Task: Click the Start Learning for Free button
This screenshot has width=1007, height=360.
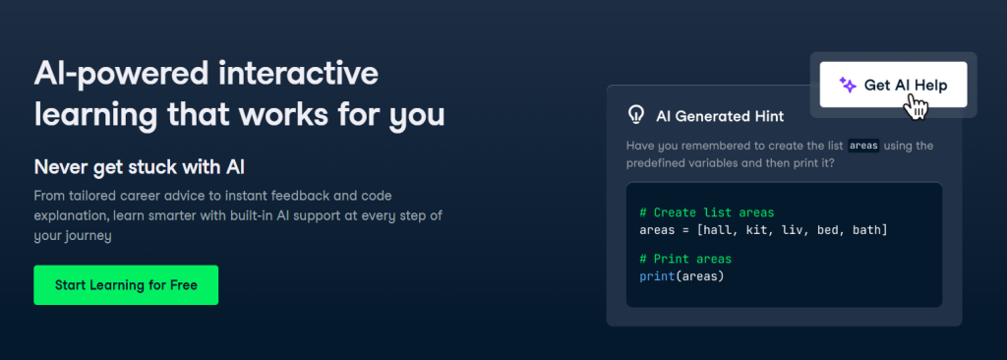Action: coord(126,285)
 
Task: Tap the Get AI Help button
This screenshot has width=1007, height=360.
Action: coord(893,85)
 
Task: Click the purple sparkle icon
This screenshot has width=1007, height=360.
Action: coord(848,86)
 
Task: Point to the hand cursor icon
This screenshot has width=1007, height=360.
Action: coord(917,106)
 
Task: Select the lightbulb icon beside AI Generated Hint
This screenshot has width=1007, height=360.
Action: coord(635,116)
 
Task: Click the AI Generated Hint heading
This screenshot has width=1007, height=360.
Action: coord(720,116)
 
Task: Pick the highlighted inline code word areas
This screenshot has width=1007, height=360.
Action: coord(863,146)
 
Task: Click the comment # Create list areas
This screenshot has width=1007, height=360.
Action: coord(707,212)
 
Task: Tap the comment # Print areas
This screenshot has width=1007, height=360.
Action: coord(685,259)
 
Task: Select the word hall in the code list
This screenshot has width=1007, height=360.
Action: coord(717,229)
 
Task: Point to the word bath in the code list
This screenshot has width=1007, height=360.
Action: coord(866,229)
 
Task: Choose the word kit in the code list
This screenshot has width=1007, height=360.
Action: coord(756,229)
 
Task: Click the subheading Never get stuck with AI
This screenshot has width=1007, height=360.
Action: coord(140,167)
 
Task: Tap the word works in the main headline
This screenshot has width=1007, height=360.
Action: coord(275,115)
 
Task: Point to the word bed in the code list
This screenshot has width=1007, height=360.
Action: coord(827,229)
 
